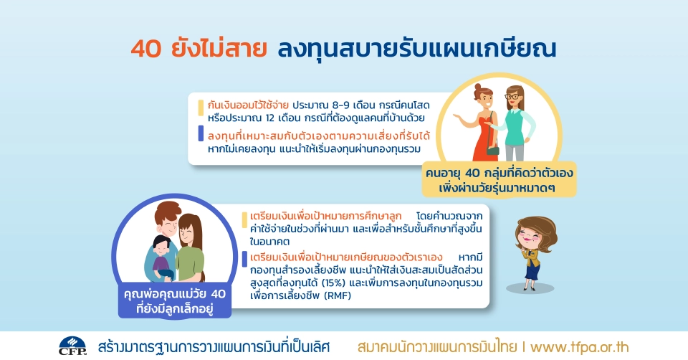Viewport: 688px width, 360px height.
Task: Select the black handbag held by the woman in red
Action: point(493,150)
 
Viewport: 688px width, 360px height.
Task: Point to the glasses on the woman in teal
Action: point(514,96)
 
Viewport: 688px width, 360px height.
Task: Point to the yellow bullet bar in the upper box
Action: point(201,109)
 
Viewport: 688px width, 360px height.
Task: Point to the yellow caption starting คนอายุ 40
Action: point(500,181)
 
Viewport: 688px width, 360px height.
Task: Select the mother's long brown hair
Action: point(201,229)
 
